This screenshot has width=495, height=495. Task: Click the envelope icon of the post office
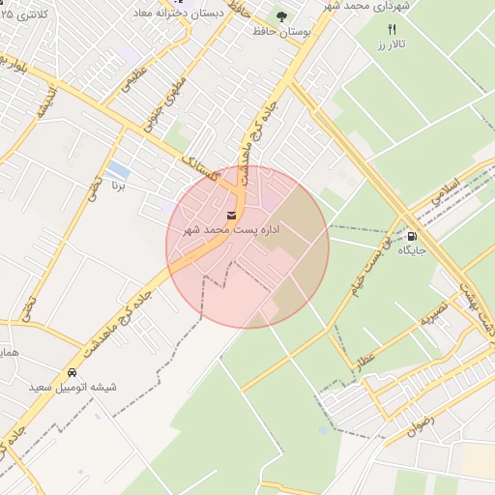pos(232,215)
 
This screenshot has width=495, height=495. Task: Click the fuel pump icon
pos(413,235)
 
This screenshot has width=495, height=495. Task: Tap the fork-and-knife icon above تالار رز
pos(392,29)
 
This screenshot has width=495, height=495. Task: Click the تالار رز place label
pos(392,45)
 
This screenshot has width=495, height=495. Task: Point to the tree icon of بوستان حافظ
pos(281,16)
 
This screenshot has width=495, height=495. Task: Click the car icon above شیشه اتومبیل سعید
pos(73,372)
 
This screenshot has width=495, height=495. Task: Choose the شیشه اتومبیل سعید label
pos(73,387)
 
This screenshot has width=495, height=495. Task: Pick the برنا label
pos(119,184)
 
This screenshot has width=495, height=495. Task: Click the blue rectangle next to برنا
pos(119,169)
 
